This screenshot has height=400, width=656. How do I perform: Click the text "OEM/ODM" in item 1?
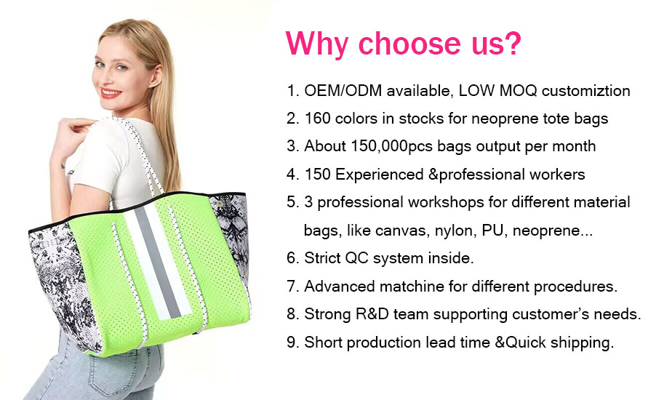click(x=343, y=90)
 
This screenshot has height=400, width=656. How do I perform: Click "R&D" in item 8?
click(x=372, y=314)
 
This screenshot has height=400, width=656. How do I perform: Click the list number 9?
click(x=292, y=343)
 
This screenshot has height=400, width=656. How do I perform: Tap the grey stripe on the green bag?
click(x=158, y=263)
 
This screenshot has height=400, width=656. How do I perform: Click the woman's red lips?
click(x=111, y=93)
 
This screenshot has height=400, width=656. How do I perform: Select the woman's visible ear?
click(x=156, y=76)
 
